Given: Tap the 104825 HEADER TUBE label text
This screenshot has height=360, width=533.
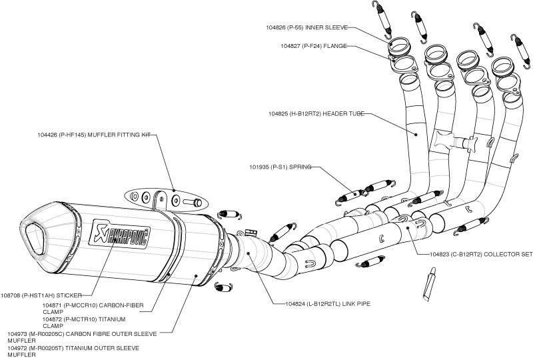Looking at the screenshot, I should pos(317,114).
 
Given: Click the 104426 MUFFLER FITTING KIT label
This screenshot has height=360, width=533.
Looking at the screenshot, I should pos(95,135).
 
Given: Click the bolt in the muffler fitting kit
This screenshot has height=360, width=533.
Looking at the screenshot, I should pos(193,200).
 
